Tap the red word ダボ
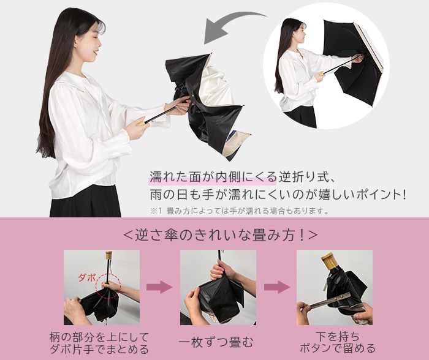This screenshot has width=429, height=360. tap(87, 278)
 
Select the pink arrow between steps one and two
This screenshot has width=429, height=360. tap(159, 287)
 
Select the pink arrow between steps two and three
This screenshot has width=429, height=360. tap(277, 287)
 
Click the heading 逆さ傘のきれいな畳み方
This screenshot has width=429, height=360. tap(220, 235)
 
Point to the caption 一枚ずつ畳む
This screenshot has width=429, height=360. tap(216, 343)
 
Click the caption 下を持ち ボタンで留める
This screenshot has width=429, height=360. tap(338, 343)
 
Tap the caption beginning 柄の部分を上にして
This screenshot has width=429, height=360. tap(99, 343)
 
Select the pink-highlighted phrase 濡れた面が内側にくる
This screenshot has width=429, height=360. tap(213, 178)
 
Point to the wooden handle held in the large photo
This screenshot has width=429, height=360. tap(143, 122)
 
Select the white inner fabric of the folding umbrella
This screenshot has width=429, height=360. tap(216, 84)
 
